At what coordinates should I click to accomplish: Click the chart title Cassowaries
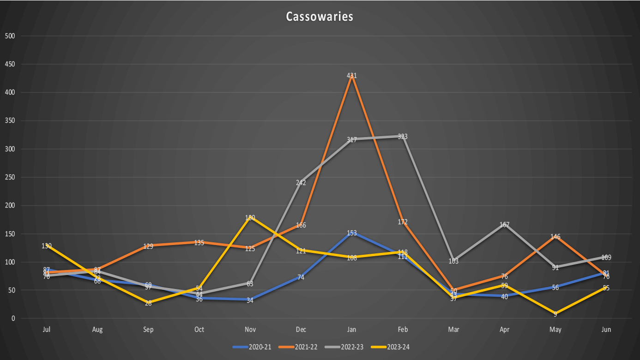[x=320, y=17]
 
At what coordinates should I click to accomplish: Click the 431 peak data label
[x=352, y=76]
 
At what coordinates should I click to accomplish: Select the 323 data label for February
[x=403, y=137]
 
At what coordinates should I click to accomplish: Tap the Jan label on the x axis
[x=352, y=330]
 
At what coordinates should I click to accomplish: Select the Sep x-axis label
[x=148, y=330]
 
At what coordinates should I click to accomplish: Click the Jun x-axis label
[x=606, y=330]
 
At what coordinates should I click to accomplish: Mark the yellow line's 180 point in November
[x=250, y=217]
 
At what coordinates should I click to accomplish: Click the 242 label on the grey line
[x=301, y=183]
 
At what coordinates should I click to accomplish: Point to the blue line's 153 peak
[x=352, y=233]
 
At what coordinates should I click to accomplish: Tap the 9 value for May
[x=555, y=314]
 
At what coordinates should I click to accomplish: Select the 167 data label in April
[x=505, y=225]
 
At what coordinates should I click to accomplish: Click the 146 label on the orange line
[x=555, y=237]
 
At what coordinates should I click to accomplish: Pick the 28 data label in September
[x=148, y=303]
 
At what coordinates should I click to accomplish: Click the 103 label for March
[x=453, y=261]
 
